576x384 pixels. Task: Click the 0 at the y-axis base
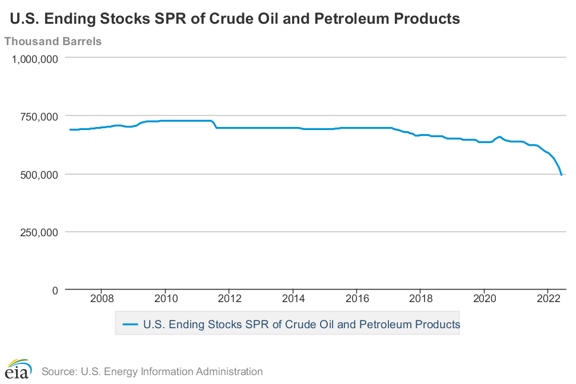pyautogui.click(x=55, y=290)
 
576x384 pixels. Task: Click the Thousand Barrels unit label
pyautogui.click(x=53, y=42)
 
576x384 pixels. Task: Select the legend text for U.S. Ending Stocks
pyautogui.click(x=302, y=325)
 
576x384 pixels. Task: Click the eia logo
pyautogui.click(x=18, y=369)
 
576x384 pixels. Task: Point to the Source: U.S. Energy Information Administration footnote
pyautogui.click(x=152, y=372)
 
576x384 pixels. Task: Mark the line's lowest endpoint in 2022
pyautogui.click(x=562, y=175)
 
